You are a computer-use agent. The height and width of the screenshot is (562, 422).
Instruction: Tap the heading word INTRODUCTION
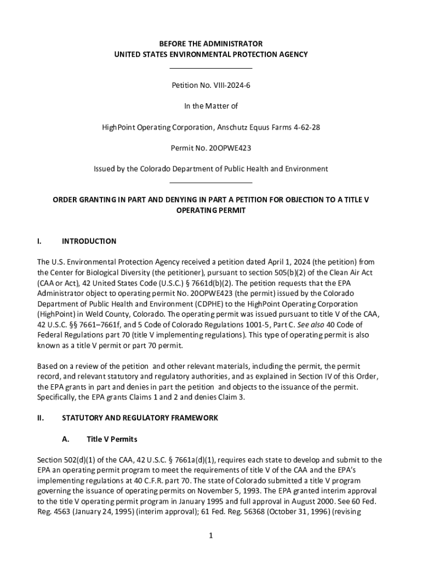(89, 241)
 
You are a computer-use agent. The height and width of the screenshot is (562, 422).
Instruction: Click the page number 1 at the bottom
(210, 536)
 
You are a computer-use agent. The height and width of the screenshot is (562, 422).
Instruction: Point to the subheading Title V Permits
(112, 439)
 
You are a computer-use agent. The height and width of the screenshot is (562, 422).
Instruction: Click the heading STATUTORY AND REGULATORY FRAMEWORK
(140, 418)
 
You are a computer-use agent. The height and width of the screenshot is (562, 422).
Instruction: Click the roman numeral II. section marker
(41, 418)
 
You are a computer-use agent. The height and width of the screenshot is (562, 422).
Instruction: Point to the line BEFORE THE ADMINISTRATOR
(210, 43)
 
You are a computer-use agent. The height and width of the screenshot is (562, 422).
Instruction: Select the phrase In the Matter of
(210, 106)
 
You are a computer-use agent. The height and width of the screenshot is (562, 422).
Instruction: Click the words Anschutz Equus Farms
(252, 127)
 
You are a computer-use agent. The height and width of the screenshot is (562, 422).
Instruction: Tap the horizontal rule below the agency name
(210, 68)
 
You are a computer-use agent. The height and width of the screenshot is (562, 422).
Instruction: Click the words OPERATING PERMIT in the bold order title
(210, 210)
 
